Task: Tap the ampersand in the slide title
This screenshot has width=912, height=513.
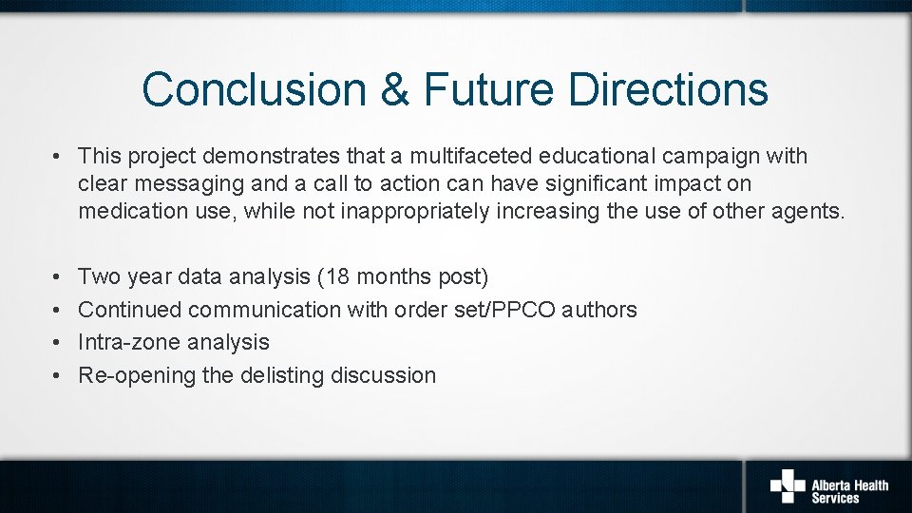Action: click(x=394, y=89)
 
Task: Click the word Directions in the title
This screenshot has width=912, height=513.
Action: click(x=669, y=89)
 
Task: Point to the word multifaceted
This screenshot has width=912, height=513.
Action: click(x=470, y=155)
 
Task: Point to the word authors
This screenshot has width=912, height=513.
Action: click(x=601, y=310)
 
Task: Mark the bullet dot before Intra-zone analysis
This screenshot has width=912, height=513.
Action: click(x=58, y=343)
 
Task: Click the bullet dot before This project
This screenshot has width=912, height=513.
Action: click(x=58, y=156)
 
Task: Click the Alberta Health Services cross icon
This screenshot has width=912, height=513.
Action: click(x=788, y=484)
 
